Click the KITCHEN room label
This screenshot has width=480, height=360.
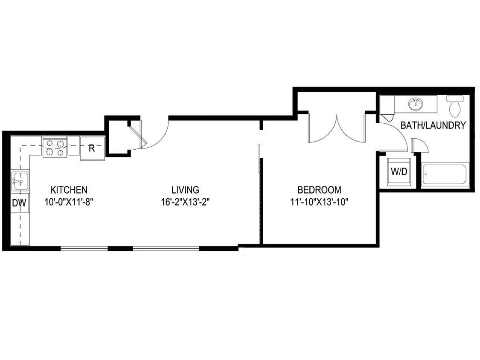69,189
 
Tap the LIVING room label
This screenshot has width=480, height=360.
185,189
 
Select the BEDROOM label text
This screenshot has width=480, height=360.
319,189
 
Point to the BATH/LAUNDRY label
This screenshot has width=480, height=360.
433,125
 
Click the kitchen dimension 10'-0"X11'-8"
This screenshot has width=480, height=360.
69,202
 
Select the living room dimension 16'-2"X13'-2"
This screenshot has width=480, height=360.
185,202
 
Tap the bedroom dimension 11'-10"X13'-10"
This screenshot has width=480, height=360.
320,202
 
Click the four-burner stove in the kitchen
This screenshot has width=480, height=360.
55,147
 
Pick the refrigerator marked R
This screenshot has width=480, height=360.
92,148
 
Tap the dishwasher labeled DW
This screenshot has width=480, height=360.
19,203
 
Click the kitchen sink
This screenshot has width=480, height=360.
20,181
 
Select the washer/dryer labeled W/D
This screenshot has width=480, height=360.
399,172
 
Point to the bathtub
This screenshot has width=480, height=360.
445,174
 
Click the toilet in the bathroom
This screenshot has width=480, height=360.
455,106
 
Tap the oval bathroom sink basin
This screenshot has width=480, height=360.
415,104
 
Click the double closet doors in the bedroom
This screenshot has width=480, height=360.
337,128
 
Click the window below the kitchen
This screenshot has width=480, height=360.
84,248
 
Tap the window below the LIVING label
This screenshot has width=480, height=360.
166,248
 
